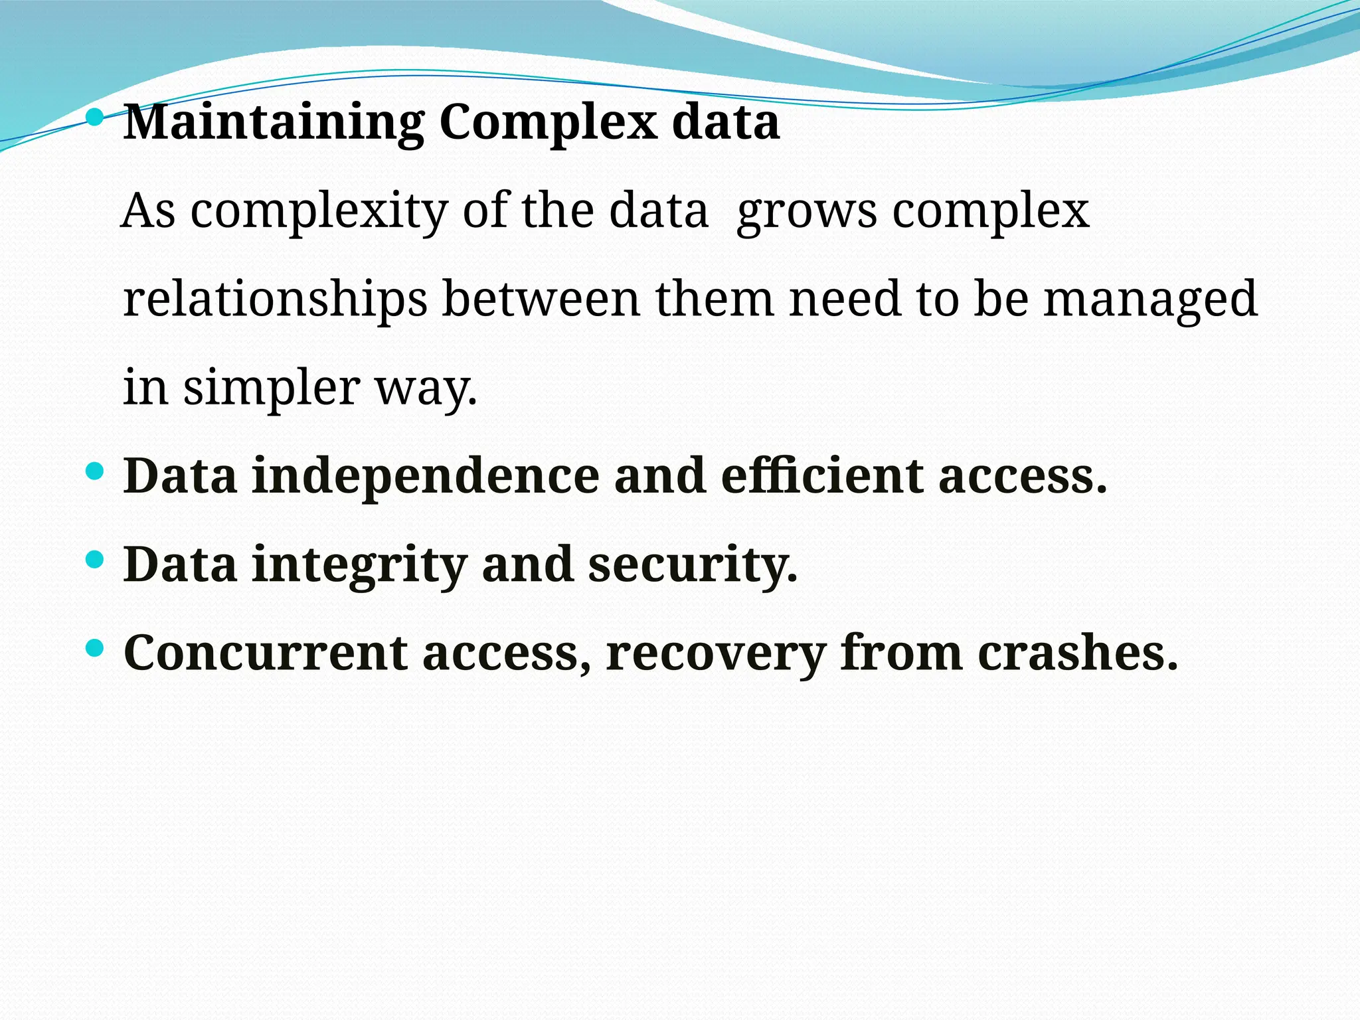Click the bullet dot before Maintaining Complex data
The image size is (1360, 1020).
(96, 118)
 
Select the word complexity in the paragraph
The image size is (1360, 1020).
(319, 212)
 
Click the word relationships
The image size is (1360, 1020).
(275, 299)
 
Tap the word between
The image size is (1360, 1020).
(541, 299)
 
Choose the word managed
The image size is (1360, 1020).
(1150, 301)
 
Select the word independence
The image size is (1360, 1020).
(425, 477)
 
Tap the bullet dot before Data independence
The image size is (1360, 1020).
(96, 472)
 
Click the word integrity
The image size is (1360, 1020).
(359, 566)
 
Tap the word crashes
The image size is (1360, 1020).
(1076, 653)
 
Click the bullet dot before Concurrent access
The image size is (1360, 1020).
(96, 648)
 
